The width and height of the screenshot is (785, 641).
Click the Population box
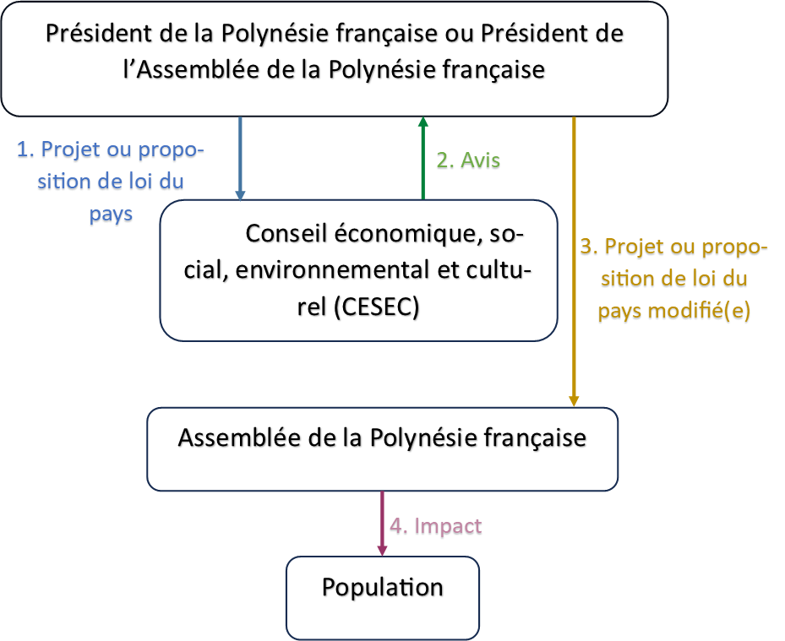click(383, 597)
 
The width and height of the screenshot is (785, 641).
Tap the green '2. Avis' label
click(468, 160)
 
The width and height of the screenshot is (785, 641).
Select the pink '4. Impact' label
click(435, 526)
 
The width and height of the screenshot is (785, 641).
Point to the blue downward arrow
click(240, 159)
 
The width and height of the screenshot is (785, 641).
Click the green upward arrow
click(423, 158)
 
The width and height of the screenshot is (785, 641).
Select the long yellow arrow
click(574, 262)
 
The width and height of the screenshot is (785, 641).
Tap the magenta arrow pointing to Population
click(382, 524)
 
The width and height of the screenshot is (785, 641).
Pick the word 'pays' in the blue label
click(111, 215)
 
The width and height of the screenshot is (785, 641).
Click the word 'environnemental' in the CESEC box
click(332, 269)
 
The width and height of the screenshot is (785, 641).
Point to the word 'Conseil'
click(286, 234)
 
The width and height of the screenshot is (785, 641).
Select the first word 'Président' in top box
click(99, 34)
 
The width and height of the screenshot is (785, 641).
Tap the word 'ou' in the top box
click(459, 34)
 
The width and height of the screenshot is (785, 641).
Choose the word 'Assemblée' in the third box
click(239, 437)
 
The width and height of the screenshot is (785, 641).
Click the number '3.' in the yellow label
click(589, 247)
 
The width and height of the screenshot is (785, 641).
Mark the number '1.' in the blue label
click(25, 149)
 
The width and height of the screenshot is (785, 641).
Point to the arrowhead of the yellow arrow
click(574, 401)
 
